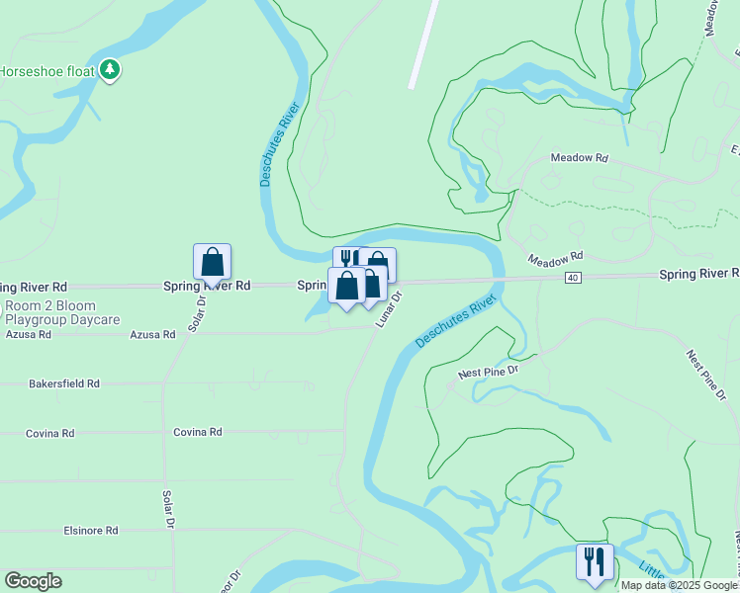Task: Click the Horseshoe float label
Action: point(47,71)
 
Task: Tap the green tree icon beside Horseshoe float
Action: point(111,70)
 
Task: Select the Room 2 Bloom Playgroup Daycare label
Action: point(61,313)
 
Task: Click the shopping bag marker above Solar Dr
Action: point(212,262)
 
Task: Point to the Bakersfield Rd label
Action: point(64,383)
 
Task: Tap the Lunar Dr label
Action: point(388,309)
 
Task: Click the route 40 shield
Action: point(573,278)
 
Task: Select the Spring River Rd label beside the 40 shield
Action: point(698,273)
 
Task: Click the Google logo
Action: point(33,581)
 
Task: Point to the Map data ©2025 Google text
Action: point(679,585)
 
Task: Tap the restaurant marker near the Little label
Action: point(595,561)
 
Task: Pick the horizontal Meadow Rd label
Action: point(579,158)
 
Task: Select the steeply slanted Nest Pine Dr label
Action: point(708,378)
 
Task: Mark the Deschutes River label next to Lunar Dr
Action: point(455,322)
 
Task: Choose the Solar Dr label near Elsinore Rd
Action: point(169,509)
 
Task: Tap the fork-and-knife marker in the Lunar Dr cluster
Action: point(347,259)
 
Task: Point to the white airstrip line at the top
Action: point(423,43)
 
